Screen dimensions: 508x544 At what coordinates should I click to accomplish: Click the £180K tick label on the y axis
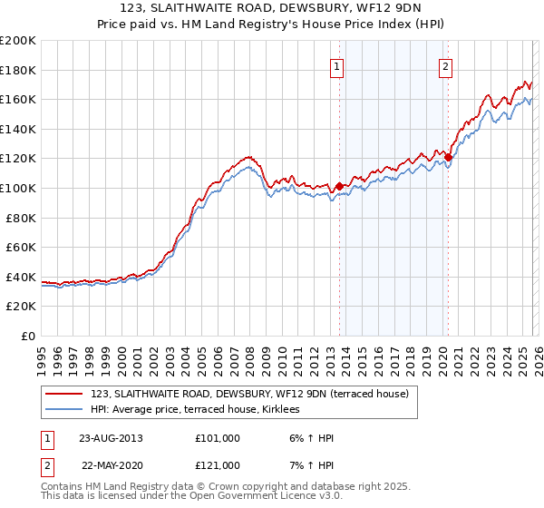(x=18, y=70)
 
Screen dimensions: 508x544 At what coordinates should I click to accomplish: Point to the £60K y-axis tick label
(x=21, y=247)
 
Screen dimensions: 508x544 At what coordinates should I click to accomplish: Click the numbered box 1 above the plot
(x=337, y=65)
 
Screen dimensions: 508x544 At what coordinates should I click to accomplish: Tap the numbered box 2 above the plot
(x=446, y=65)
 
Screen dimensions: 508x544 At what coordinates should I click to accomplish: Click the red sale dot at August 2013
(x=340, y=186)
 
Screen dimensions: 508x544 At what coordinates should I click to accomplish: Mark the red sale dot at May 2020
(x=449, y=157)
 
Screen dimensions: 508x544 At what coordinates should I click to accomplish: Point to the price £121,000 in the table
(x=217, y=465)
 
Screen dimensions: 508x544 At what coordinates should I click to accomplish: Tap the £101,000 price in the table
(x=217, y=438)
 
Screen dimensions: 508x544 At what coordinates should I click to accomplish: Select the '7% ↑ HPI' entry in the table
(x=311, y=465)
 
